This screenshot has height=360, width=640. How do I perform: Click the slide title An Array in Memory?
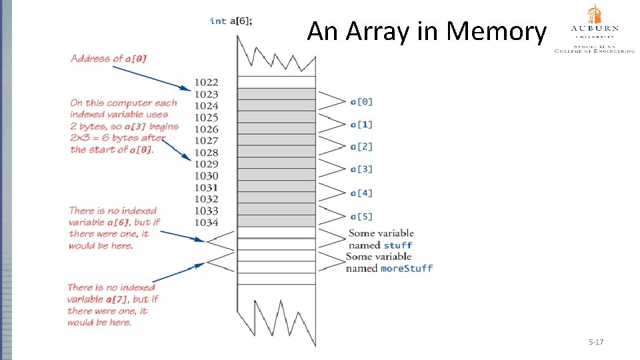pyautogui.click(x=426, y=31)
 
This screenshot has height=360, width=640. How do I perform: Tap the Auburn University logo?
pyautogui.click(x=594, y=29)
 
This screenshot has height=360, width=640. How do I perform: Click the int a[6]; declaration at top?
pyautogui.click(x=231, y=21)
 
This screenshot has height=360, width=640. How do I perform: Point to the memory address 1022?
pyautogui.click(x=206, y=82)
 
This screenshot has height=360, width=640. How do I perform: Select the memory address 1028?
pyautogui.click(x=206, y=152)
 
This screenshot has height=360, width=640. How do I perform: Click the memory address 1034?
pyautogui.click(x=206, y=222)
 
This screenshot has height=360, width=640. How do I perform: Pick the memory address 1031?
pyautogui.click(x=206, y=187)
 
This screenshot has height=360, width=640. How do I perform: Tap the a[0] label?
pyautogui.click(x=361, y=101)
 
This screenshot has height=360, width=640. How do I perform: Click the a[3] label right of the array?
pyautogui.click(x=361, y=169)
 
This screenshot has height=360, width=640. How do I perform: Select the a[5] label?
pyautogui.click(x=361, y=216)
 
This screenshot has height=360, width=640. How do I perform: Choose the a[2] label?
pyautogui.click(x=361, y=146)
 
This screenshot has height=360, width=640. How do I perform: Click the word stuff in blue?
pyautogui.click(x=398, y=245)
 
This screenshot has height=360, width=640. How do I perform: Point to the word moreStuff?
pyautogui.click(x=406, y=268)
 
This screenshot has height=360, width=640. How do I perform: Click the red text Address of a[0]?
pyautogui.click(x=109, y=59)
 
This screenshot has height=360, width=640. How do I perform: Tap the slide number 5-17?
pyautogui.click(x=595, y=342)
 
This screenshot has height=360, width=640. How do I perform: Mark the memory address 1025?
pyautogui.click(x=206, y=117)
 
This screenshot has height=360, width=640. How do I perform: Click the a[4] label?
pyautogui.click(x=361, y=193)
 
